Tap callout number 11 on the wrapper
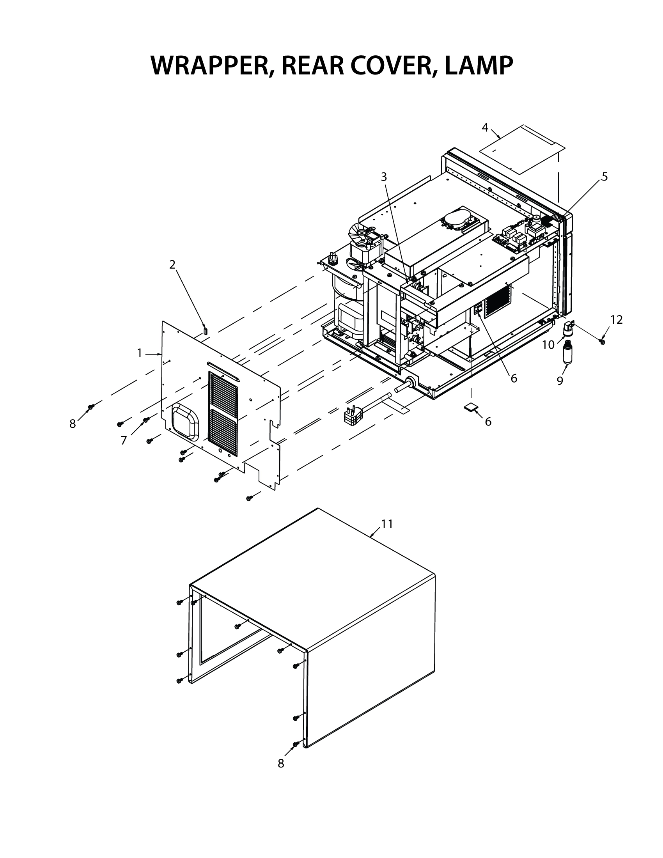(x=387, y=524)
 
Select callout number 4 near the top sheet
(x=485, y=128)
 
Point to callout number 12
(x=617, y=320)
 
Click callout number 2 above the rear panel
(x=172, y=265)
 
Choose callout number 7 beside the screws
(x=124, y=441)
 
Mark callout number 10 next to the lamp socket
(x=548, y=345)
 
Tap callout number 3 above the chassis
(x=384, y=177)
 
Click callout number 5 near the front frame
(x=604, y=177)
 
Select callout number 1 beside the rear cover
(x=139, y=353)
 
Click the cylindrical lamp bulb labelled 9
(x=567, y=353)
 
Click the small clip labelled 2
(x=205, y=330)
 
